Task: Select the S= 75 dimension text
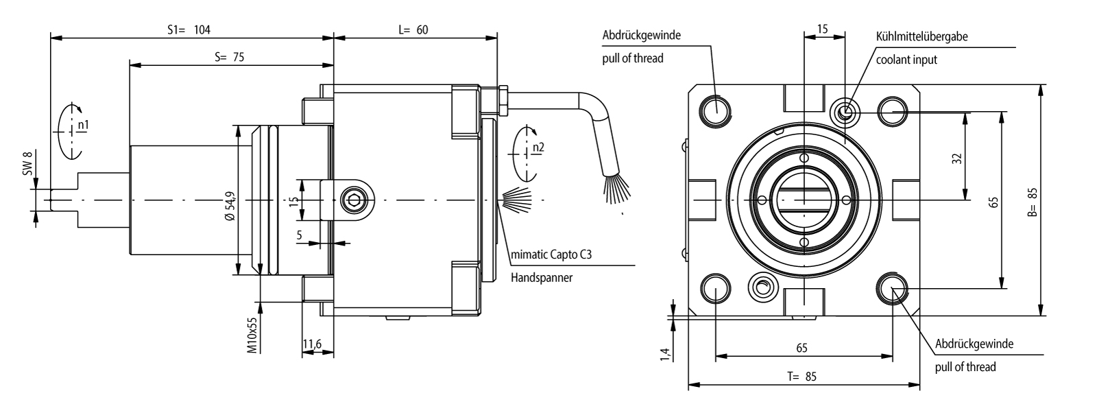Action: click(x=229, y=58)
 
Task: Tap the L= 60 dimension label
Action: click(x=413, y=30)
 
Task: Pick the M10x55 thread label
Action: click(x=252, y=334)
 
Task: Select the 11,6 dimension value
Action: click(x=315, y=343)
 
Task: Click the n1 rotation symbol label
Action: click(x=83, y=125)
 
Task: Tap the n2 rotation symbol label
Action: click(x=538, y=147)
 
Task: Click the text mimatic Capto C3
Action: click(x=551, y=255)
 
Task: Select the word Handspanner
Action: click(x=542, y=278)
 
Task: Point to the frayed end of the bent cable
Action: click(x=612, y=187)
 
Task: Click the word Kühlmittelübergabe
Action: click(x=921, y=37)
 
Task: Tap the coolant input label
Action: click(x=906, y=60)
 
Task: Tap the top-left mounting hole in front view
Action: click(x=716, y=108)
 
